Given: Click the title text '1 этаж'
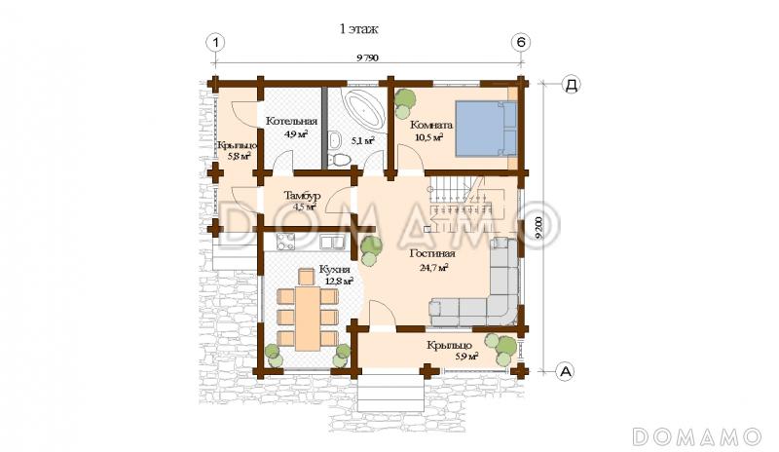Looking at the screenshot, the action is point(358,29).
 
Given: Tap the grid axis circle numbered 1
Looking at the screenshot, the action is point(215,42).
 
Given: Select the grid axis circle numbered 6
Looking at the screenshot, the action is point(521,42).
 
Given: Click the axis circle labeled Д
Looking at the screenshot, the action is point(572,85).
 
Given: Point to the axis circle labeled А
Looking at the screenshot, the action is point(565,370).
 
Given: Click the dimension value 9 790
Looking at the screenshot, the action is point(368,57).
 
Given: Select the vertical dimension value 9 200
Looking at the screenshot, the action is point(540,228).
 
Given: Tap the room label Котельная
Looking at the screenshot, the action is point(291,122).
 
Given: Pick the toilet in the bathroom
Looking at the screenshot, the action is point(341,159).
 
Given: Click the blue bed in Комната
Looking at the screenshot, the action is point(486,128).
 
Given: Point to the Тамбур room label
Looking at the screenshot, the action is point(302,196).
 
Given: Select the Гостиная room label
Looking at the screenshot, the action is point(432,253).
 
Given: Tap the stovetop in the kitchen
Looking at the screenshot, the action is point(286,243).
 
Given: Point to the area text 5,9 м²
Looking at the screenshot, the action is point(467,356).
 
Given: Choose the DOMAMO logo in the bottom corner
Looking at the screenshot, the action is point(696,436).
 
